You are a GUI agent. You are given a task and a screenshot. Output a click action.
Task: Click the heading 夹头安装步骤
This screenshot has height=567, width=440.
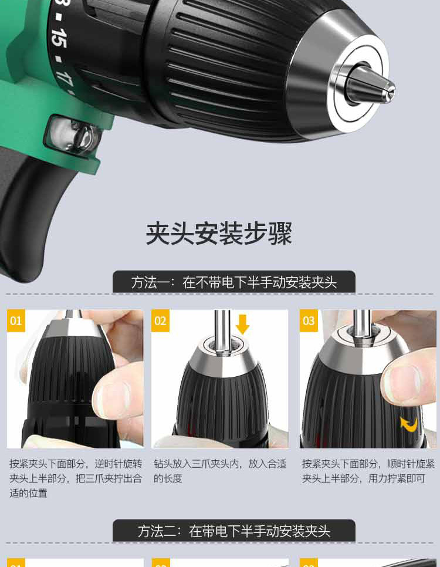click(219, 234)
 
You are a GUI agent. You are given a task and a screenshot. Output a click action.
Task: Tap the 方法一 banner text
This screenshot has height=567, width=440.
click(233, 282)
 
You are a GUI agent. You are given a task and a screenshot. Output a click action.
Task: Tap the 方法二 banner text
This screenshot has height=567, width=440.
click(233, 531)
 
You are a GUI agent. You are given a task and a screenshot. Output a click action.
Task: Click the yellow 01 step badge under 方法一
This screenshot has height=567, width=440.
click(16, 321)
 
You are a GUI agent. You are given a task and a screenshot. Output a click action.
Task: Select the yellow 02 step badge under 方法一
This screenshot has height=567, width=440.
click(160, 321)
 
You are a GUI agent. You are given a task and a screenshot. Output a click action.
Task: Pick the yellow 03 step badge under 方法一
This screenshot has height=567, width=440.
click(309, 321)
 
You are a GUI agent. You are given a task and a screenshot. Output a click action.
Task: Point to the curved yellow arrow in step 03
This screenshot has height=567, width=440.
click(409, 423)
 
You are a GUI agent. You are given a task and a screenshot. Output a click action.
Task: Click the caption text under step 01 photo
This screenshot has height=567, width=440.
click(75, 478)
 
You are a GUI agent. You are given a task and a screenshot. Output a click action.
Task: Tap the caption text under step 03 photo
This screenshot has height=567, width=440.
click(368, 471)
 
